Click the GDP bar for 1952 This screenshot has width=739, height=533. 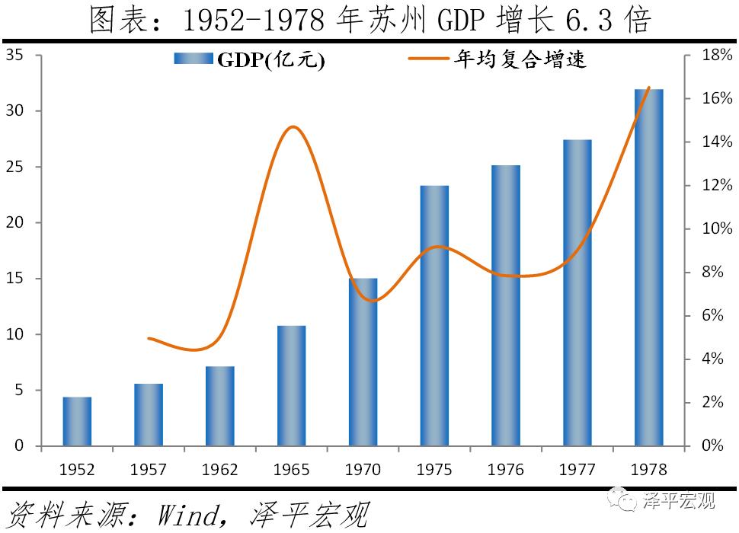tap(77, 421)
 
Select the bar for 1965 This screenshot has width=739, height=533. tap(292, 385)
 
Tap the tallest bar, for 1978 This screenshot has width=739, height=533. tap(649, 267)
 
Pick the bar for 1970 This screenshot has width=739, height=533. tap(363, 362)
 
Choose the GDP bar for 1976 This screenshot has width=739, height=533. tap(506, 305)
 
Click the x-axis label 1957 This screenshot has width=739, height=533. tap(149, 469)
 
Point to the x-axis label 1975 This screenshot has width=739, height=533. tap(434, 469)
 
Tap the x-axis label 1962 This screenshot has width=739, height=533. tap(220, 469)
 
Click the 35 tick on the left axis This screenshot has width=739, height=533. tap(17, 55)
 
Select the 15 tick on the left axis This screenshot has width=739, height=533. tap(17, 279)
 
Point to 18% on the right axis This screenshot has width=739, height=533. tap(716, 56)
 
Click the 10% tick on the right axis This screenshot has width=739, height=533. tap(716, 229)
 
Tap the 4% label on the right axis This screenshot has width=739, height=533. tap(716, 359)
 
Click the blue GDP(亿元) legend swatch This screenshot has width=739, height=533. tap(194, 60)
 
